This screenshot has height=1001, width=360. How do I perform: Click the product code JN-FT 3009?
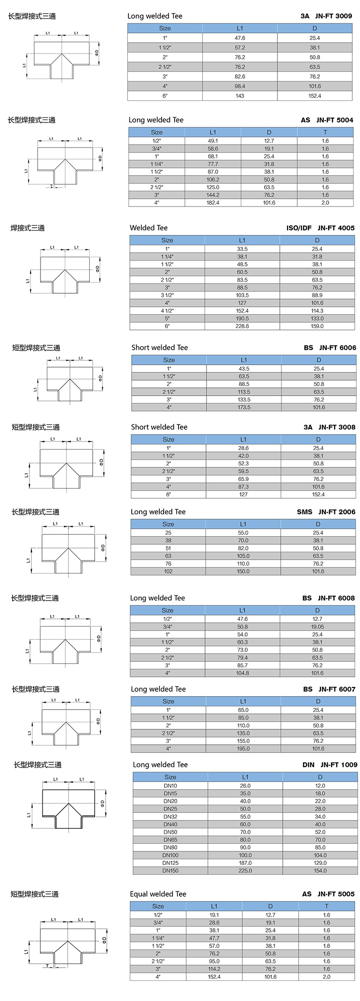pyautogui.click(x=333, y=16)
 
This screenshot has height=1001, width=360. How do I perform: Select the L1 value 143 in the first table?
pyautogui.click(x=240, y=96)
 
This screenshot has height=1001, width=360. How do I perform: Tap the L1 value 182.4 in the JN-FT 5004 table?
pyautogui.click(x=213, y=203)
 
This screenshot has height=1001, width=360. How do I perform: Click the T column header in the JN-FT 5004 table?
pyautogui.click(x=325, y=132)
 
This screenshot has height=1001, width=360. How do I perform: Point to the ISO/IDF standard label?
pyautogui.click(x=299, y=228)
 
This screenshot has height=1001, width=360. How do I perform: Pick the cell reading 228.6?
pyautogui.click(x=242, y=327)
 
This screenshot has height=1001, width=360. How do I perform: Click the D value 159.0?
pyautogui.click(x=317, y=327)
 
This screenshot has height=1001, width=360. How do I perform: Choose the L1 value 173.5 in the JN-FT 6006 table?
pyautogui.click(x=244, y=408)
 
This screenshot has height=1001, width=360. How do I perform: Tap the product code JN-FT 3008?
pyautogui.click(x=336, y=427)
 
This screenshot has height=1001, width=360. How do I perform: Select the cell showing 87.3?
pyautogui.click(x=243, y=487)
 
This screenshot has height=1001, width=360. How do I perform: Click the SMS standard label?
pyautogui.click(x=305, y=512)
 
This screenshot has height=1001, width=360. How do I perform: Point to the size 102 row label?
pyautogui.click(x=168, y=572)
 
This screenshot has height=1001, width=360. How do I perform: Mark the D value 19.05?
pyautogui.click(x=317, y=627)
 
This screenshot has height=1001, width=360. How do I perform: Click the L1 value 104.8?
pyautogui.click(x=242, y=673)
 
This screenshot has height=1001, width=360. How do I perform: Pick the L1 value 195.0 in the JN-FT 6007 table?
pyautogui.click(x=243, y=749)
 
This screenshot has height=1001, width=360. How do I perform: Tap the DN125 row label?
pyautogui.click(x=170, y=863)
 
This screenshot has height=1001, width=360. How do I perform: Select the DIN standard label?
pyautogui.click(x=308, y=765)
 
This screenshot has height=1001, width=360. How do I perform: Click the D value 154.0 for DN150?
pyautogui.click(x=320, y=871)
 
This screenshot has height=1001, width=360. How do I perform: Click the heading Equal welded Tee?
pyautogui.click(x=158, y=894)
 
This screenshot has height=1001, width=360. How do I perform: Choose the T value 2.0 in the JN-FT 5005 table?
pyautogui.click(x=327, y=977)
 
